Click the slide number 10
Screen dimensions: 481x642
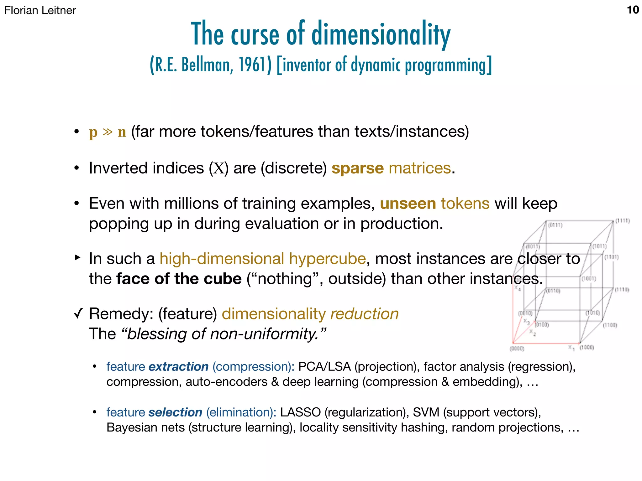633,10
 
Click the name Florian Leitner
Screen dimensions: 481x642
40,10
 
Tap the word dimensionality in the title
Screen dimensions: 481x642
381,34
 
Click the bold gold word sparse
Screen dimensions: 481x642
357,168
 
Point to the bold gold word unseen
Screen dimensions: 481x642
408,204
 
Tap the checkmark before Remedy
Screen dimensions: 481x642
78,313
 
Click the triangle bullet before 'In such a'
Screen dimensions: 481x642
77,258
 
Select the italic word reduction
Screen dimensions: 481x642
365,314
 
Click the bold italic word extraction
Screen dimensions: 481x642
178,367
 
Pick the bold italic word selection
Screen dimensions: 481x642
175,412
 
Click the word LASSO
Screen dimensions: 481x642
300,412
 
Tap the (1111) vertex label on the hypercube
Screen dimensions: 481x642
622,221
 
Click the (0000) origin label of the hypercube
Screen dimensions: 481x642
517,349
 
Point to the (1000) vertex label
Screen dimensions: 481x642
587,347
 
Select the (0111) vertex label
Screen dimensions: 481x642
555,225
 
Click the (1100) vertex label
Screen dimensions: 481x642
610,325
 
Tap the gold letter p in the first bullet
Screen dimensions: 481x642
93,132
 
